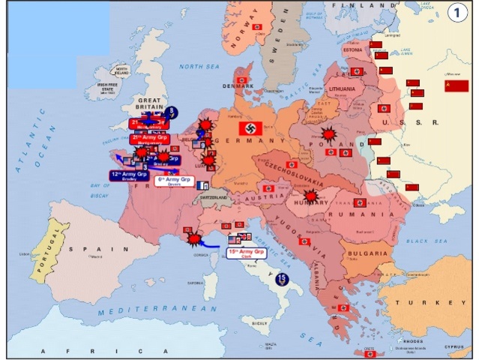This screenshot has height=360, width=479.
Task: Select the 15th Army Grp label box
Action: click(x=247, y=253)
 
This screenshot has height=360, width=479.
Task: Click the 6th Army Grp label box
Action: click(x=175, y=181)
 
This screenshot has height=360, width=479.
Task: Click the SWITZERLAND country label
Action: click(x=214, y=196)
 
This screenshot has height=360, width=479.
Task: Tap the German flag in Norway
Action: click(x=257, y=27)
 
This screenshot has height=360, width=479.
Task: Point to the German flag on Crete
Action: click(x=370, y=353)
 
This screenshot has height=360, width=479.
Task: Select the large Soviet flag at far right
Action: click(x=456, y=86)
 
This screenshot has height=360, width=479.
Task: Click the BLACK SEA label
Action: click(x=425, y=241)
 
